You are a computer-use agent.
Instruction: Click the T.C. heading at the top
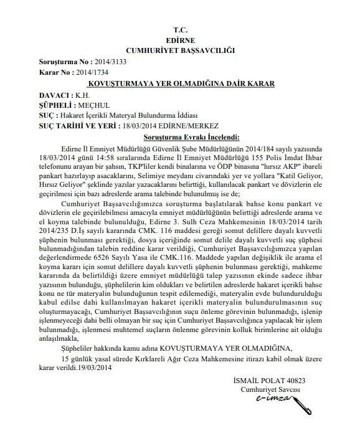click(x=181, y=29)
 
